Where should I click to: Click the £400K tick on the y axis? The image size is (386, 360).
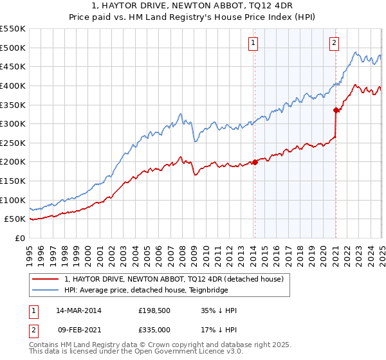tap(12, 85)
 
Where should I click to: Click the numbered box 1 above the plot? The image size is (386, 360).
tap(253, 43)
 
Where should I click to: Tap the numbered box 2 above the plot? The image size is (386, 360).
tap(335, 43)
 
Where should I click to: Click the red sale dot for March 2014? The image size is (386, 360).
tap(255, 162)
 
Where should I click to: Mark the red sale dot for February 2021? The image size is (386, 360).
tap(336, 110)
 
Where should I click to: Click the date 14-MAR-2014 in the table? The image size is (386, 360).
tap(78, 310)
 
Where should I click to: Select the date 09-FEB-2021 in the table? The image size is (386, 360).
tap(78, 330)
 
